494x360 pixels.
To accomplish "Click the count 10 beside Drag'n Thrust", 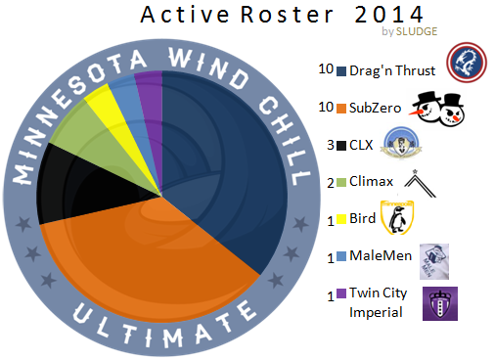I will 326,69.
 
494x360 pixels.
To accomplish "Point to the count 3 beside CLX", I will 330,146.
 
